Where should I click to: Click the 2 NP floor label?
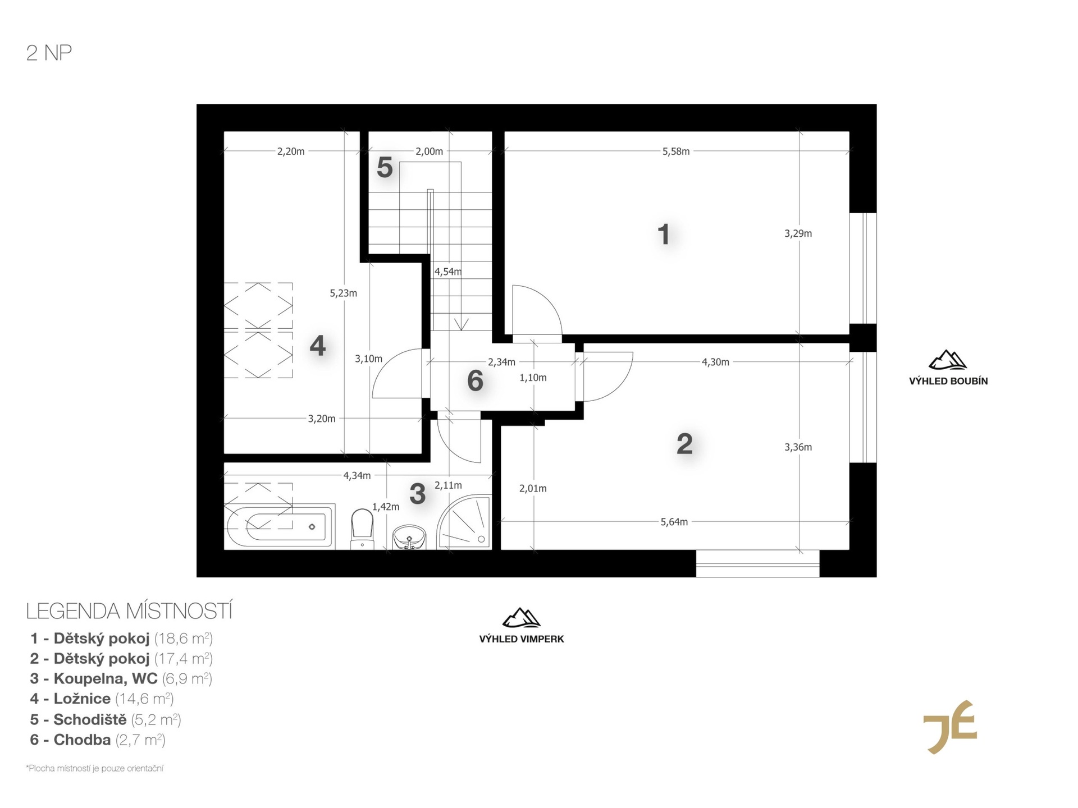click(49, 53)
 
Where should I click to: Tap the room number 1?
click(664, 234)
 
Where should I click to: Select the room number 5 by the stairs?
click(385, 167)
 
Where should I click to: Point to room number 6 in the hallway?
click(475, 381)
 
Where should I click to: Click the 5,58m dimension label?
click(676, 151)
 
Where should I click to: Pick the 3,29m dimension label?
click(798, 233)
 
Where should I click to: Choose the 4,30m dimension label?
click(715, 362)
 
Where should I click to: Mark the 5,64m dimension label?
click(674, 522)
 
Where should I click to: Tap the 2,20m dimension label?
click(291, 151)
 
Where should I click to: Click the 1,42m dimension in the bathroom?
click(386, 507)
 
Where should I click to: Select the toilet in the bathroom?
click(362, 529)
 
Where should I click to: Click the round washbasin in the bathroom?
click(409, 537)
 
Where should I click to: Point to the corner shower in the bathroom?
click(464, 522)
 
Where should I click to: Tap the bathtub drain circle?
click(312, 527)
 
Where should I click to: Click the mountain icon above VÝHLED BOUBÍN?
click(948, 360)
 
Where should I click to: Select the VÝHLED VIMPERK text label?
click(522, 639)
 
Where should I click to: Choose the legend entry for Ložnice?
click(102, 699)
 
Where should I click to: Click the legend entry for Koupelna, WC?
click(121, 679)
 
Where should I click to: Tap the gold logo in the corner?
click(950, 727)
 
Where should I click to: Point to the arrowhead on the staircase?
click(461, 325)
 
